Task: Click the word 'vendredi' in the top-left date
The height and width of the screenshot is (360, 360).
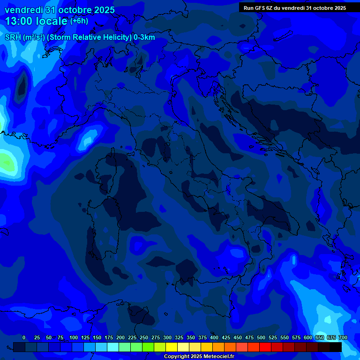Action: pyautogui.click(x=24, y=10)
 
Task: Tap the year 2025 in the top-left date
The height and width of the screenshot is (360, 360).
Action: pyautogui.click(x=101, y=10)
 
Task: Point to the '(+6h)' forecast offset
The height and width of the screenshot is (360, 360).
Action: pyautogui.click(x=79, y=21)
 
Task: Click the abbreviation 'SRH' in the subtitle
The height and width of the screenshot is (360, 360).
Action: pyautogui.click(x=13, y=37)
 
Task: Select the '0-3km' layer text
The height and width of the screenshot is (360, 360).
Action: pyautogui.click(x=144, y=37)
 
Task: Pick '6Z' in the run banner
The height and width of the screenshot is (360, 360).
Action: pyautogui.click(x=270, y=8)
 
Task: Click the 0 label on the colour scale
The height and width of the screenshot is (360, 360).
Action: pyautogui.click(x=24, y=337)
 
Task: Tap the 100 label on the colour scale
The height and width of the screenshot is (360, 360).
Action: pyautogui.click(x=74, y=337)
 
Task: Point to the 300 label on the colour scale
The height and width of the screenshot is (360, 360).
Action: pyautogui.click(x=167, y=337)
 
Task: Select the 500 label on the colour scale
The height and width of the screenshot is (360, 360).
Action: pyautogui.click(x=261, y=337)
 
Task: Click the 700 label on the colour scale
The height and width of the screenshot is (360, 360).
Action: pyautogui.click(x=343, y=337)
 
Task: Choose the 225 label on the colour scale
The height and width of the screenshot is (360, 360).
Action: pyautogui.click(x=132, y=337)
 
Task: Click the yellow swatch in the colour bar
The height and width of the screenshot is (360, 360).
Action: pyautogui.click(x=172, y=347)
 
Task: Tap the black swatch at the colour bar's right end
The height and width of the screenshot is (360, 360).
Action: pyautogui.click(x=336, y=347)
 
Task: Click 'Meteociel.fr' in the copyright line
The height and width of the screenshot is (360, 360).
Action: pyautogui.click(x=217, y=357)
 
